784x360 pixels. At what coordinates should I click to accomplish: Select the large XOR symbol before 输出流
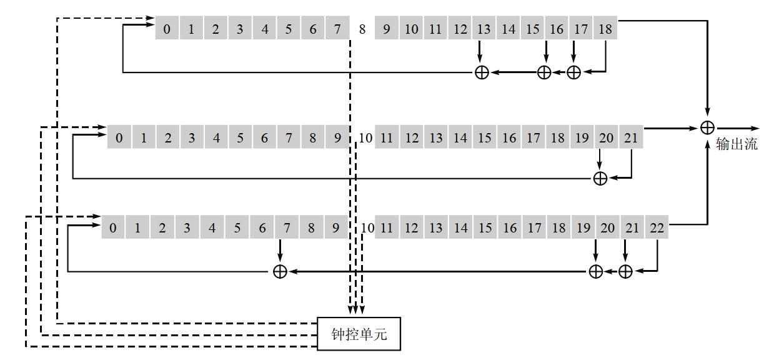pyautogui.click(x=707, y=127)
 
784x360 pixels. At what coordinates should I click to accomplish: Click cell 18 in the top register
pyautogui.click(x=605, y=28)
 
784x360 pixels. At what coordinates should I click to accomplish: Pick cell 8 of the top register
pyautogui.click(x=362, y=28)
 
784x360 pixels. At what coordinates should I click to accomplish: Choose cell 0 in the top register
pyautogui.click(x=167, y=28)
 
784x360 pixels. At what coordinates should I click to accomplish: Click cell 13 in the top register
pyautogui.click(x=484, y=28)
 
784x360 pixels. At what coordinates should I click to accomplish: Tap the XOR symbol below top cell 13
pyautogui.click(x=482, y=72)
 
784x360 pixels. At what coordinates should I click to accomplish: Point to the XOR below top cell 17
pyautogui.click(x=573, y=72)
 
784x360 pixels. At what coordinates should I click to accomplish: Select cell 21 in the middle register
pyautogui.click(x=631, y=137)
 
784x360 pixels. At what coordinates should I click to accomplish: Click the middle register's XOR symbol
pyautogui.click(x=600, y=179)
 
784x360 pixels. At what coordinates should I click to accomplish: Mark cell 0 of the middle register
pyautogui.click(x=119, y=137)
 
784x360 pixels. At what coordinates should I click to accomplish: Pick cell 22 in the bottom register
pyautogui.click(x=657, y=227)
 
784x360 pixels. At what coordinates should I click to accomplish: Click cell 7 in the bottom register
pyautogui.click(x=286, y=227)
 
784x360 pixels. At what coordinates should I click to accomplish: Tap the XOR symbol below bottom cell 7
pyautogui.click(x=280, y=271)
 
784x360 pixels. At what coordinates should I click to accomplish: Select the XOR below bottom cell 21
pyautogui.click(x=625, y=271)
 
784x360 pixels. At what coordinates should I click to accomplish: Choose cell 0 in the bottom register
pyautogui.click(x=113, y=227)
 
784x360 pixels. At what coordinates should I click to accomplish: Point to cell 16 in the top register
pyautogui.click(x=557, y=28)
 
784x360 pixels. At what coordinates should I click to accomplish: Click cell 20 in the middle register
pyautogui.click(x=606, y=137)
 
